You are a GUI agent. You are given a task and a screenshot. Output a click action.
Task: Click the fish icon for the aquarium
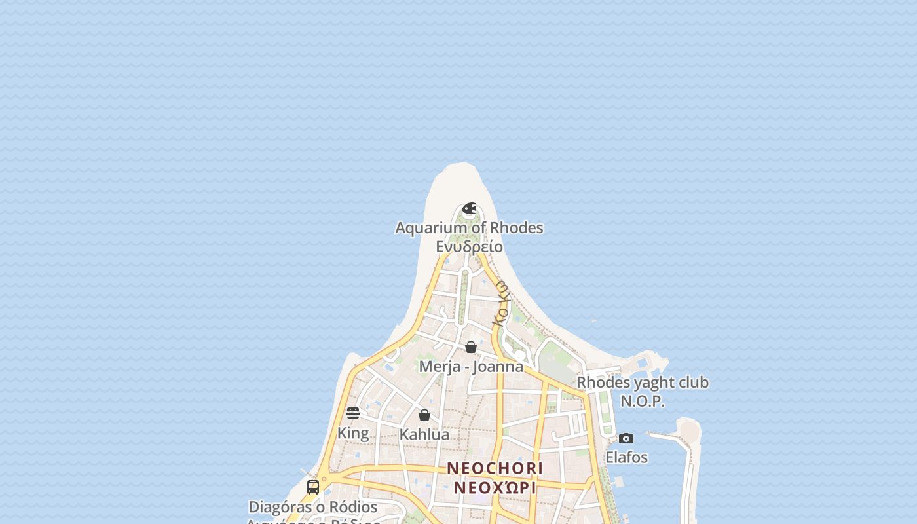point(469,209)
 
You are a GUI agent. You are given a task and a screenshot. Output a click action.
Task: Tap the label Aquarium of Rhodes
point(469,228)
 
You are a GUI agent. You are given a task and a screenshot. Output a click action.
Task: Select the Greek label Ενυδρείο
point(469,247)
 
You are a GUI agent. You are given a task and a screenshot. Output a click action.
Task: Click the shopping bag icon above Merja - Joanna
point(471,347)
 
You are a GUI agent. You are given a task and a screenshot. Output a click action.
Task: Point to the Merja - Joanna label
point(471,366)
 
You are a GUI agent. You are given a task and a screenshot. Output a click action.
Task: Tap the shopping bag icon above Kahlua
point(424,415)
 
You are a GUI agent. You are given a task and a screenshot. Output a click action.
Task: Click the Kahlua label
point(424,434)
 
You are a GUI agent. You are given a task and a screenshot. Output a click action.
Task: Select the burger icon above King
point(353,413)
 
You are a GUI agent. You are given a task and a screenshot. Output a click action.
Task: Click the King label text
point(353,433)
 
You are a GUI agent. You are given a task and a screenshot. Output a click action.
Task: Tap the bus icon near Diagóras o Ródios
point(313,487)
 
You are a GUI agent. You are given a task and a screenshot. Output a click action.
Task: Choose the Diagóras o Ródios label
point(313,507)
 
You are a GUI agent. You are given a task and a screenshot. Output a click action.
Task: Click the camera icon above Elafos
point(626,438)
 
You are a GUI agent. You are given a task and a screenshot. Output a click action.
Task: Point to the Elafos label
point(626,457)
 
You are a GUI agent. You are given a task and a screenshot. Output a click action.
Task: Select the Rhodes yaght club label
point(643,383)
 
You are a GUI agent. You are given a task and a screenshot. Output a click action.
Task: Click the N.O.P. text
point(643,401)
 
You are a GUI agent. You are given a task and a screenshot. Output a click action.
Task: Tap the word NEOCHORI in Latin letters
point(495,468)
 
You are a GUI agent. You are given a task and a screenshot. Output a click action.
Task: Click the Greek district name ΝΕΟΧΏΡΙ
point(495,488)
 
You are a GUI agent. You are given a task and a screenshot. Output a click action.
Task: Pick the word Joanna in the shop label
point(500,366)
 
